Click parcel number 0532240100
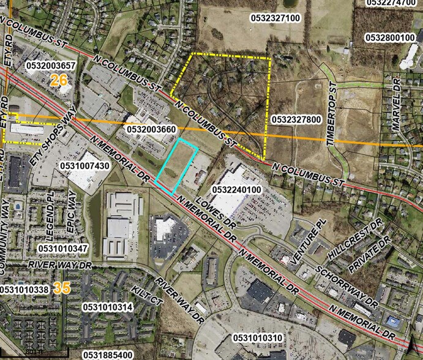[236, 190]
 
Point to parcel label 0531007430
[84, 166]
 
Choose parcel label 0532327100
[275, 18]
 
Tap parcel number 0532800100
[390, 38]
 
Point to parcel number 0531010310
[258, 337]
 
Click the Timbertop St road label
[332, 122]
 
